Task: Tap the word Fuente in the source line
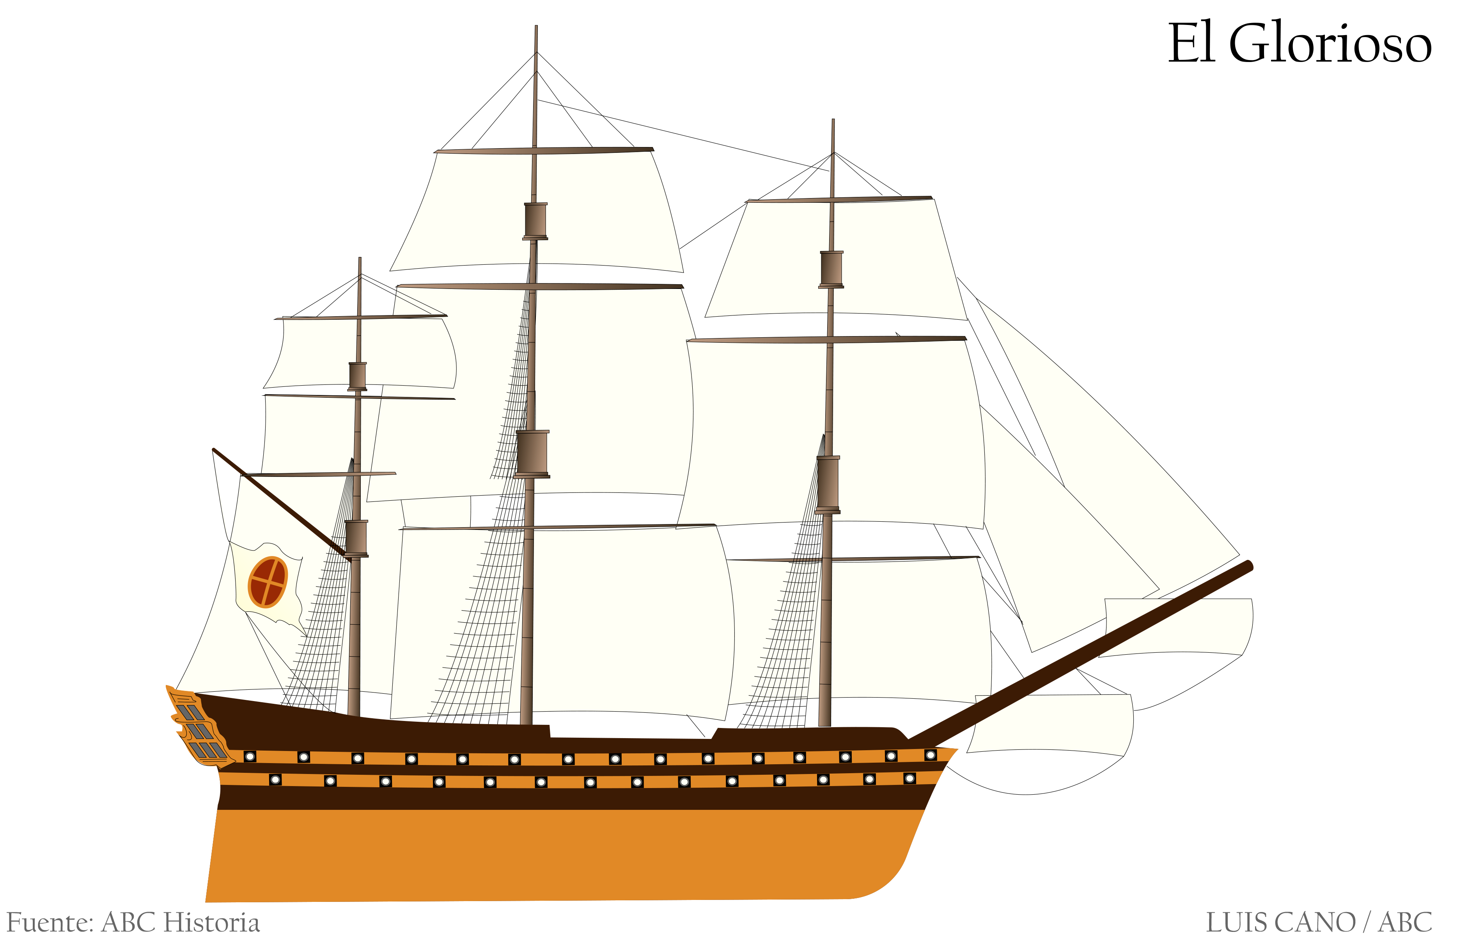[x=50, y=922]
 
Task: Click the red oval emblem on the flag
[x=268, y=582]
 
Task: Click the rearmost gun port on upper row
[x=250, y=756]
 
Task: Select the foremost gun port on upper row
[x=931, y=754]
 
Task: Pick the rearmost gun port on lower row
[x=276, y=780]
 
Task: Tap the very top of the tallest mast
[x=536, y=27]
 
